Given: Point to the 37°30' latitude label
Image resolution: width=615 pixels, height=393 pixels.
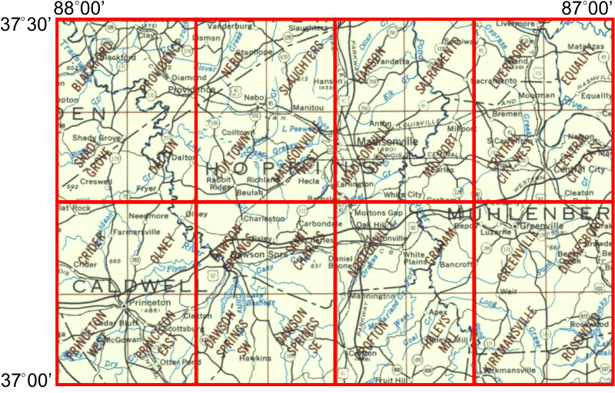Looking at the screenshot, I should point(26,24).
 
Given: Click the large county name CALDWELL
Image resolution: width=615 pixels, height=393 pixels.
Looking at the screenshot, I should point(131,285).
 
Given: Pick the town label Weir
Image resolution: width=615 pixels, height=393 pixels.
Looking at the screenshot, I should point(507,291).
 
